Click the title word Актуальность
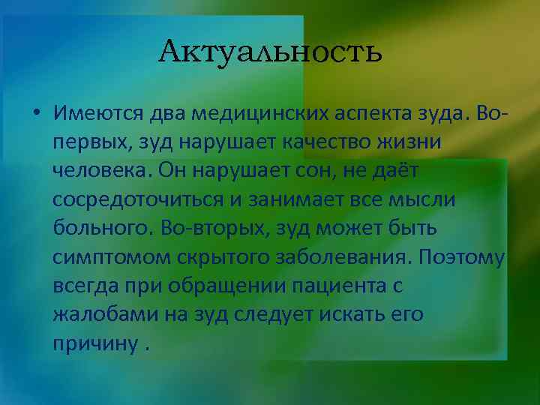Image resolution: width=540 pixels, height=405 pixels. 271,52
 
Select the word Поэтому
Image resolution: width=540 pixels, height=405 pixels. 463,257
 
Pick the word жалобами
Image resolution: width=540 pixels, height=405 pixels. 106,314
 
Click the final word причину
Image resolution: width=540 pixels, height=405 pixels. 94,343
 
